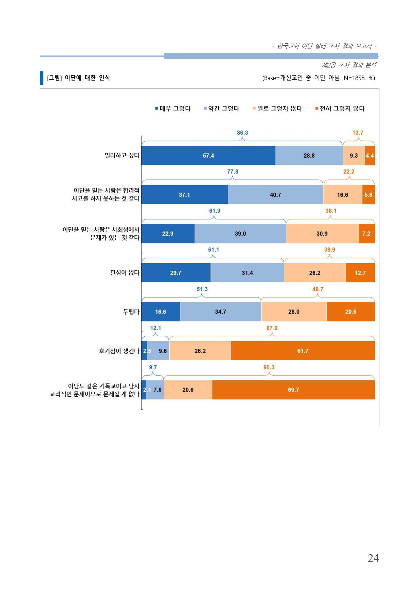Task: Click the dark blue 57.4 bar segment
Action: point(208,156)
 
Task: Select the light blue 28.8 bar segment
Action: point(309,156)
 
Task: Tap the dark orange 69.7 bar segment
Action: point(293,390)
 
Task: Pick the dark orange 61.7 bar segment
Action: point(303,351)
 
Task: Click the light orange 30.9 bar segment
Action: point(322,234)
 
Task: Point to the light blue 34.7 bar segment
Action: point(221,312)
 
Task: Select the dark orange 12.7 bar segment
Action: point(360,272)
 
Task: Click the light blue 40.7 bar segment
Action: point(275,195)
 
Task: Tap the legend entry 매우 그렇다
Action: point(173,108)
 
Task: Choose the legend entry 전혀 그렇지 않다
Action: point(340,108)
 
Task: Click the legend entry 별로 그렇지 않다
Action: point(277,108)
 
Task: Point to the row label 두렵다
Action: point(131,312)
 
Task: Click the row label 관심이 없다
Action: point(125,272)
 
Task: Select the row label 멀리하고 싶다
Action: point(122,156)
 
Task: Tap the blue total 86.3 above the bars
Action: point(242,133)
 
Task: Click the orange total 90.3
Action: point(269,367)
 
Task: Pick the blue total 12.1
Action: point(155,328)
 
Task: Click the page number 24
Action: point(373,558)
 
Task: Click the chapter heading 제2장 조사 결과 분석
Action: point(349,65)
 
